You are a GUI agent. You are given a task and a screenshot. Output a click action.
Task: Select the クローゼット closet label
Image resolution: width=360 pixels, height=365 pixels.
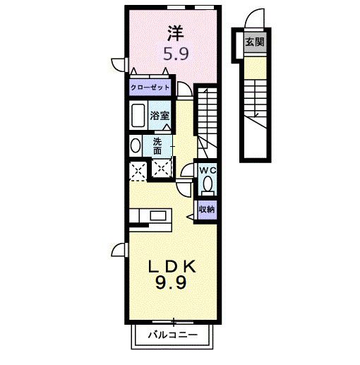(x=149, y=88)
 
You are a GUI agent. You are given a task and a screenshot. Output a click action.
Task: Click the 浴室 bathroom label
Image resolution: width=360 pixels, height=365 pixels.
(x=159, y=114)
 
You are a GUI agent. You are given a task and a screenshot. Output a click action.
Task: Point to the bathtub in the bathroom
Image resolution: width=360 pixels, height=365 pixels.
(x=138, y=114)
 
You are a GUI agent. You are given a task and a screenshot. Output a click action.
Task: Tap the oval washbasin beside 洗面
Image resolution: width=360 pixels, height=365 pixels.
(x=135, y=145)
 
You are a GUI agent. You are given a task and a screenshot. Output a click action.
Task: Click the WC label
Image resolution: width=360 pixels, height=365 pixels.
(x=207, y=170)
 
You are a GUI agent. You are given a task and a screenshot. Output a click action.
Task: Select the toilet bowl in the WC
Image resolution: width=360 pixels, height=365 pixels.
(x=208, y=185)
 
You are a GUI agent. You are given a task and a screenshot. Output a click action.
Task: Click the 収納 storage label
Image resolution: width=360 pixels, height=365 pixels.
(x=206, y=209)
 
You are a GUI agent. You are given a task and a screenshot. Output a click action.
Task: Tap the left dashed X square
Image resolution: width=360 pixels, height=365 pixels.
(x=137, y=169)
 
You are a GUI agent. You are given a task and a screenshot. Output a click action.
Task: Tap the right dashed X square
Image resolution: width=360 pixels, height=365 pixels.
(x=163, y=169)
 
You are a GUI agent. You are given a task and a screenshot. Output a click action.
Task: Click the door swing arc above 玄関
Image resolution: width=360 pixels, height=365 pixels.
(x=254, y=20)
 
